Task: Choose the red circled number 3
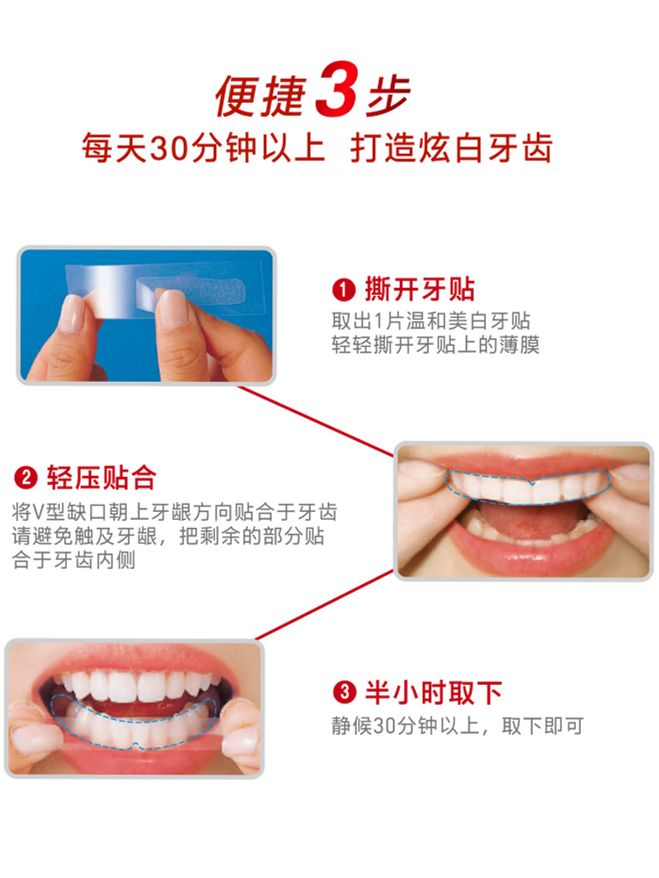click(344, 694)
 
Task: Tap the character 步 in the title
click(387, 92)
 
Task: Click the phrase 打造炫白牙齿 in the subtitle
click(452, 148)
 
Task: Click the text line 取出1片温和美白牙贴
click(431, 321)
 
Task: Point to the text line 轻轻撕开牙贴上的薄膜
click(435, 344)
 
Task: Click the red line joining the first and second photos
click(316, 421)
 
